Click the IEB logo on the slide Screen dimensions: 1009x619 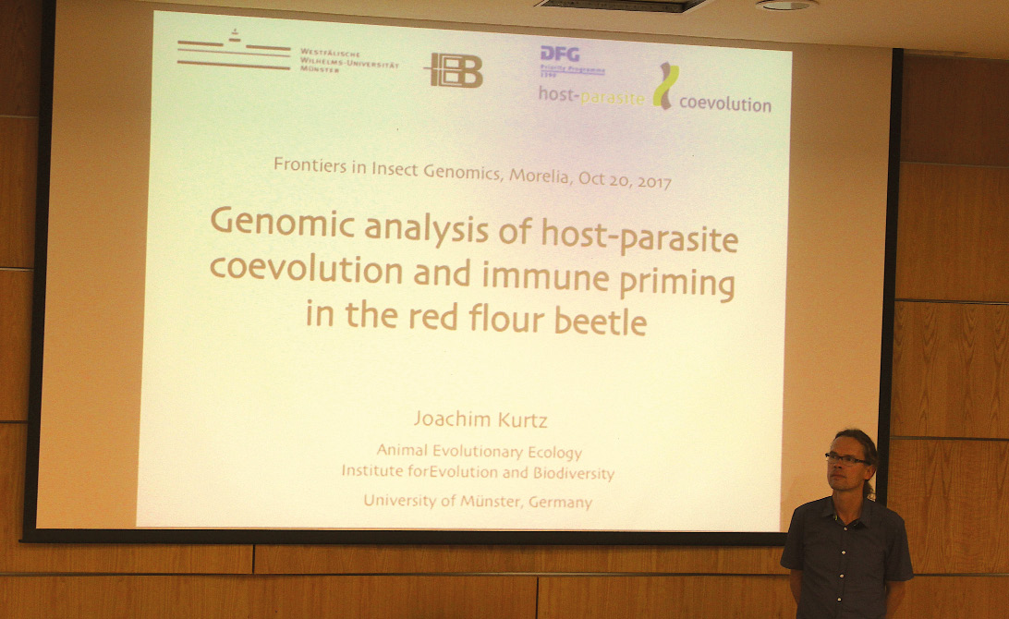pos(454,70)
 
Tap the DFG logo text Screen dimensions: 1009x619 pos(560,55)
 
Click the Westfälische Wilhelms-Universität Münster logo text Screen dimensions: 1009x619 pos(348,60)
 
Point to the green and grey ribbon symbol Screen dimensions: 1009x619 pos(665,85)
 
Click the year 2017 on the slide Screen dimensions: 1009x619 pos(654,181)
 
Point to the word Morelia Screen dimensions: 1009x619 pos(540,176)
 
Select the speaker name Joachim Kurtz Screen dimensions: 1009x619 pos(480,419)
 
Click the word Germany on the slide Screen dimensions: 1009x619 pos(560,502)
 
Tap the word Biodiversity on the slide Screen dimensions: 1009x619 pos(574,474)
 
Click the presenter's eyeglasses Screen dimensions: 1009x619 pos(846,459)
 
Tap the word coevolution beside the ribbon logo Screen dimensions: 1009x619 pos(725,103)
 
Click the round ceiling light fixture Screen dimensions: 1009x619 pos(786,5)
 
